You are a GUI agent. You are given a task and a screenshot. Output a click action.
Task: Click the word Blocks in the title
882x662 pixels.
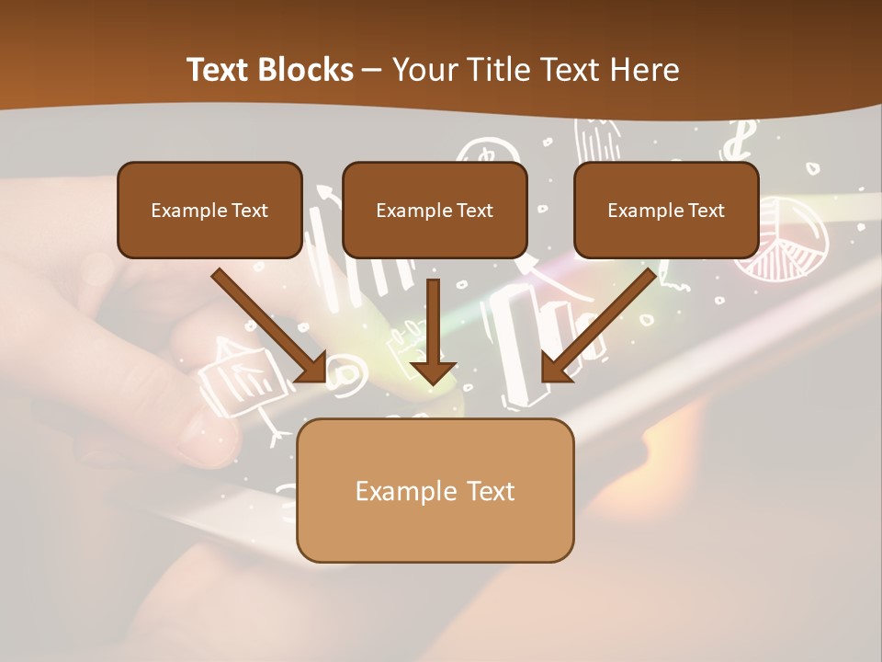pos(307,70)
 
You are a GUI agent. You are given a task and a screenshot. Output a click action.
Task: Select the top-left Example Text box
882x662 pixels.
pos(209,211)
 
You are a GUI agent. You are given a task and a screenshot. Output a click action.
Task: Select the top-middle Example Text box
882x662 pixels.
pos(435,211)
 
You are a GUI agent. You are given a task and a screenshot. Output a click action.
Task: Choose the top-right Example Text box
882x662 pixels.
pos(666,211)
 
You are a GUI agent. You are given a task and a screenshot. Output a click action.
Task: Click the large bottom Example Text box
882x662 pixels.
pos(435,491)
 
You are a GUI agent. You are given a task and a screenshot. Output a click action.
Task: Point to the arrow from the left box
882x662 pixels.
pos(266,324)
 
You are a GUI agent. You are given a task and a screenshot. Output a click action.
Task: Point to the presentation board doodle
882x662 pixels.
pos(241,372)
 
